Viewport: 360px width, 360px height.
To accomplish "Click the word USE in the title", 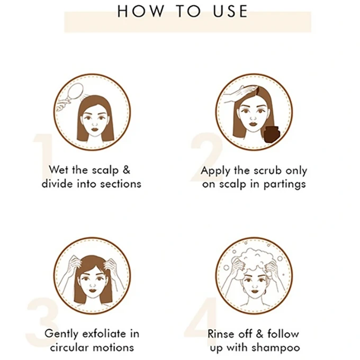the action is pos(230,11).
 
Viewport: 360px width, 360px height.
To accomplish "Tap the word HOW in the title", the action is pos(141,11).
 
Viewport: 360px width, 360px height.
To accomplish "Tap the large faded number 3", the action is pos(42,321).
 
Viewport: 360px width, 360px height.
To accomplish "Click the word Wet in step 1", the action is pos(59,170).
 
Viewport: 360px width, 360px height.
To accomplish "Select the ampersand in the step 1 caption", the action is pos(127,170).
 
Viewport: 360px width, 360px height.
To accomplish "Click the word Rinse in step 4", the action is pos(220,334).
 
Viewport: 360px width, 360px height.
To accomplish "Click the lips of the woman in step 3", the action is pos(93,291).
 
